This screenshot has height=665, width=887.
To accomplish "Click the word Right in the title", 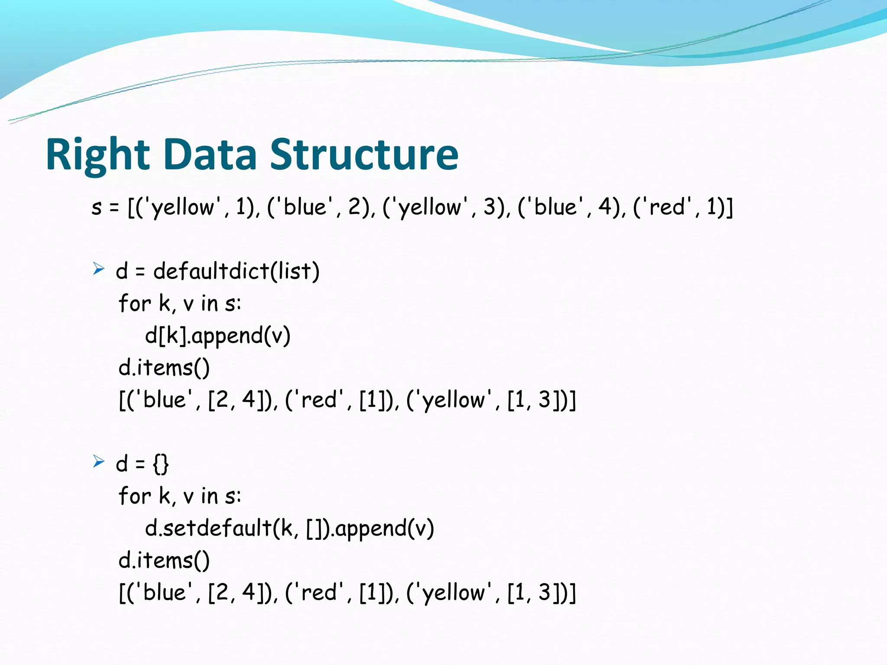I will coord(97,155).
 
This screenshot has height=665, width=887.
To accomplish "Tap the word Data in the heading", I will coord(210,155).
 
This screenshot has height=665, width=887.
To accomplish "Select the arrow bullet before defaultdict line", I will coord(99,269).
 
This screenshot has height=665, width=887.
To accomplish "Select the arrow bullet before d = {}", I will coord(99,462).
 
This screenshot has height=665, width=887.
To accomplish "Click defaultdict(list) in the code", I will coord(236,271).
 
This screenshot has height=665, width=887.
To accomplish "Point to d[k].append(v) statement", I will coord(217,336).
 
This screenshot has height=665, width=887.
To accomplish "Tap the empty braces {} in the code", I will coord(161,464).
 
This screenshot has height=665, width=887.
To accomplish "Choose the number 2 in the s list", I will coord(355,207).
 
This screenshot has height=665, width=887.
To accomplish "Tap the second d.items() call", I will coord(164,561).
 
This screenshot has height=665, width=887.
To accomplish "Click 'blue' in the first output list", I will coord(164,400).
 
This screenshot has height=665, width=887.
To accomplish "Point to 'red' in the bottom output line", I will coord(319,593).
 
